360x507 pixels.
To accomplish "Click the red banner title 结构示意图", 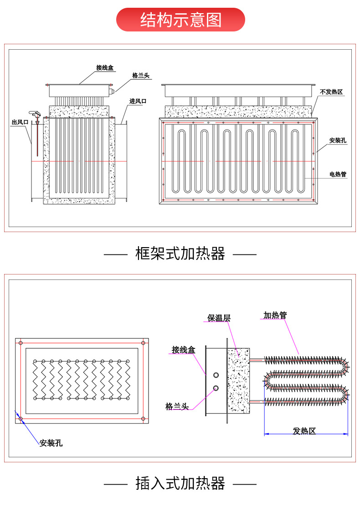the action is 180,20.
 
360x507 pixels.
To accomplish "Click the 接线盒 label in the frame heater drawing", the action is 105,67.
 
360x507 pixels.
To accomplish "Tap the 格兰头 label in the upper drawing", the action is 141,76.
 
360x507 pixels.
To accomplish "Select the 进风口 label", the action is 138,101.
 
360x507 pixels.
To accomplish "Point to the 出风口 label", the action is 20,122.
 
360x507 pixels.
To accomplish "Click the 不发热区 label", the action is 331,92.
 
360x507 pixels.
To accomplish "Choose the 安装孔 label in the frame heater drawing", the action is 338,140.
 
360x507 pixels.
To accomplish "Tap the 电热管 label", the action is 338,174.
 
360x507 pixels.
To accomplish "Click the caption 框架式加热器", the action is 180,254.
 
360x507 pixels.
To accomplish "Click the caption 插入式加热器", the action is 180,484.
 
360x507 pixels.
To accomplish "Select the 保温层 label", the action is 219,318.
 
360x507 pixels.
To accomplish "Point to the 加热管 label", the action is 275,315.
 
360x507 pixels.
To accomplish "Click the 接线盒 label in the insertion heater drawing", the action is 184,350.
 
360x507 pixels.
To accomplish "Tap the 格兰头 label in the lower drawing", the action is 177,406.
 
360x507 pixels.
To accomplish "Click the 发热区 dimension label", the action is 304,431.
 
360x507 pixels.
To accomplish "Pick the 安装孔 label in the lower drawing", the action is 51,443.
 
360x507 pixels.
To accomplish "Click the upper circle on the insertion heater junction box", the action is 216,375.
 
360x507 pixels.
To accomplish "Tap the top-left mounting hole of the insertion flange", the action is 21,343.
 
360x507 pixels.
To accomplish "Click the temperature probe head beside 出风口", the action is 35,114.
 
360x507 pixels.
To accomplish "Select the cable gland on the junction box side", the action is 112,91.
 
